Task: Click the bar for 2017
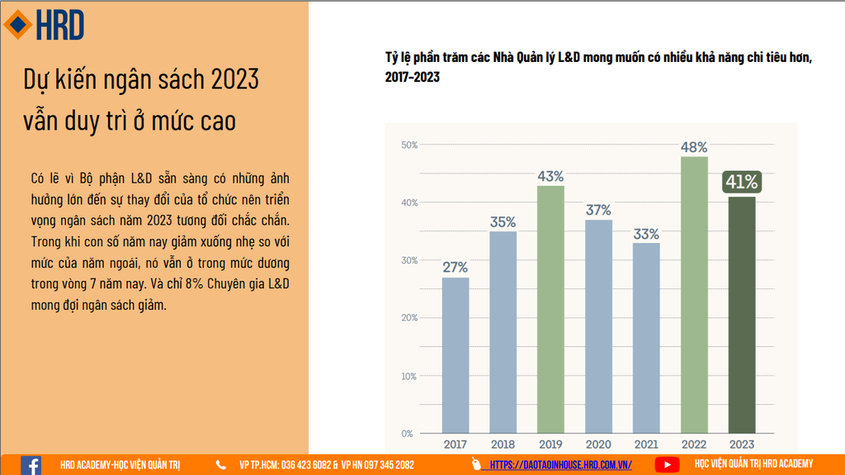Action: click(455, 355)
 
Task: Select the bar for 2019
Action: click(550, 309)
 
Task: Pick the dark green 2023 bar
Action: click(742, 315)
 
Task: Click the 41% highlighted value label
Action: click(742, 182)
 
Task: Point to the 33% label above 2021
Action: click(646, 233)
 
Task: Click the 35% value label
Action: click(503, 221)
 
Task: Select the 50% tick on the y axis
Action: click(409, 145)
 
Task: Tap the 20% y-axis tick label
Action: click(409, 318)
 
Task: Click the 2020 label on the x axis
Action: click(598, 444)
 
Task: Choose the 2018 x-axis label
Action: click(503, 444)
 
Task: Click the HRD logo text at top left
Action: click(59, 26)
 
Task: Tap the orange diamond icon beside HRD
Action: click(17, 25)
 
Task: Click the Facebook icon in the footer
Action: click(31, 465)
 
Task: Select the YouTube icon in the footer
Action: click(667, 465)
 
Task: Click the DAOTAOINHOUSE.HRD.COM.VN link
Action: click(561, 465)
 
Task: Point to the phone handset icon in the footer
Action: click(221, 465)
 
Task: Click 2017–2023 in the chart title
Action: click(412, 77)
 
